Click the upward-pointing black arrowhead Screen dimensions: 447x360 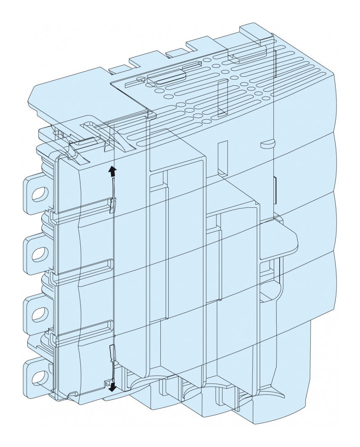pyautogui.click(x=112, y=170)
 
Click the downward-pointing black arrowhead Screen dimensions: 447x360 pyautogui.click(x=112, y=388)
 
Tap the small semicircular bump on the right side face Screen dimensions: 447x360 pyautogui.click(x=266, y=144)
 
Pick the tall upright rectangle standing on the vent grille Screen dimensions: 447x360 pyautogui.click(x=222, y=97)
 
